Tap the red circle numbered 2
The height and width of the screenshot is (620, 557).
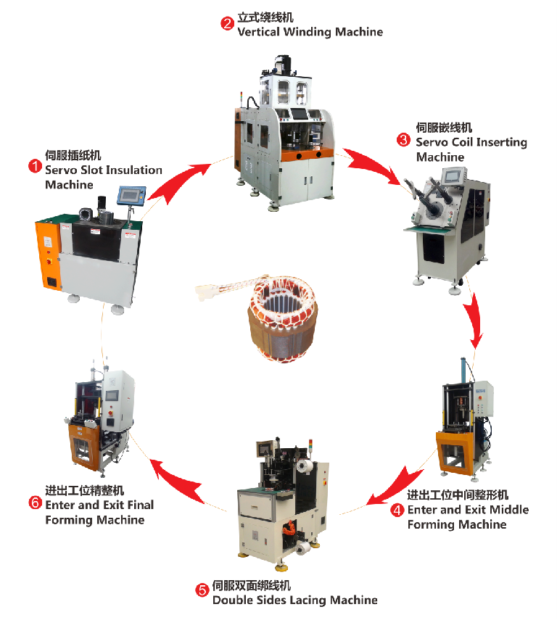[227, 24]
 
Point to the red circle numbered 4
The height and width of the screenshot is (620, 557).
[397, 510]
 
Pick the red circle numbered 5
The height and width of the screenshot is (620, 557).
[202, 590]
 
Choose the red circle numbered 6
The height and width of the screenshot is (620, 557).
[35, 503]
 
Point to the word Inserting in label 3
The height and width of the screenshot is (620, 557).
[497, 142]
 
